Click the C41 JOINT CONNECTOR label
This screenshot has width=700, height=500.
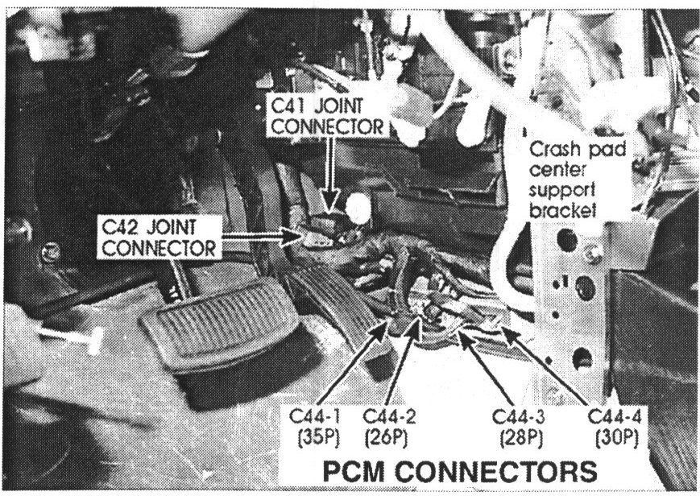point(328,116)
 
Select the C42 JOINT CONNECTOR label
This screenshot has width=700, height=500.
point(159,238)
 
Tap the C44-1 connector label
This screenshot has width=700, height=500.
point(315,417)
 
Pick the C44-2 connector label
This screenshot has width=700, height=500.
point(389,417)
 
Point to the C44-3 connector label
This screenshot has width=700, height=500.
point(519,417)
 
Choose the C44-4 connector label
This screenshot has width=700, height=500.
point(615,417)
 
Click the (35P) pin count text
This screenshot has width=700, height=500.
point(319,439)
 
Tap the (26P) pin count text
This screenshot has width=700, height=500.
point(386,439)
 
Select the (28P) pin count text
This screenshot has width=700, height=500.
point(521,439)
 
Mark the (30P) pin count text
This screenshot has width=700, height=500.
point(617,439)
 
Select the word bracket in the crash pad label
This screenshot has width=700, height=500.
point(563,209)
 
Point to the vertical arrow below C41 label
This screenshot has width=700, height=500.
point(329,174)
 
